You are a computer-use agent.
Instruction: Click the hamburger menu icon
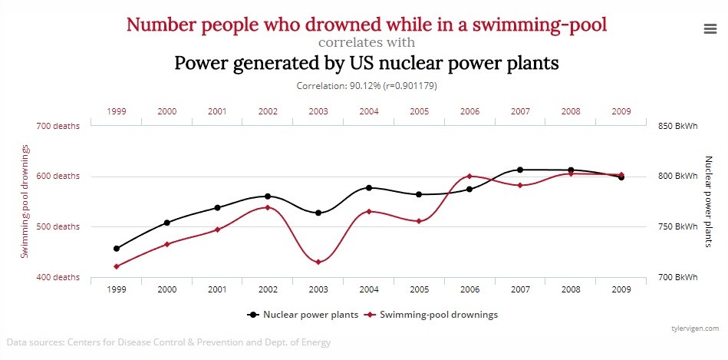[710, 28]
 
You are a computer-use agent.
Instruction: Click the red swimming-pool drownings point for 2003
[318, 263]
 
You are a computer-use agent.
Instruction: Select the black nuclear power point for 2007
[520, 170]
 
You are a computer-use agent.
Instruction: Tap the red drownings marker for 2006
[469, 177]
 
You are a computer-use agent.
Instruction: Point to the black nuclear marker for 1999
[117, 249]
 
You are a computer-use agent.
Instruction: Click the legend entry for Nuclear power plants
[295, 315]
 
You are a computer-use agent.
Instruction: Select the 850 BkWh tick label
[676, 126]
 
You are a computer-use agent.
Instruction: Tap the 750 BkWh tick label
[676, 226]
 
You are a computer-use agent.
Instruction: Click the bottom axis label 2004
[369, 290]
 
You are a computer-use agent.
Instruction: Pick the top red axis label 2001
[217, 111]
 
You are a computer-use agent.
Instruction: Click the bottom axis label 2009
[621, 290]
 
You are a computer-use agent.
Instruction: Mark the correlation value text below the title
[367, 86]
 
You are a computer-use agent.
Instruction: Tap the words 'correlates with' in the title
[367, 42]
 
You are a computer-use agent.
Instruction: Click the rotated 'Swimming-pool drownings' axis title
[25, 201]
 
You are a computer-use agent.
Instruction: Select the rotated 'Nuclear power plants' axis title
[708, 201]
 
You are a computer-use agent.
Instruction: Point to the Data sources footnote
[169, 342]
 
